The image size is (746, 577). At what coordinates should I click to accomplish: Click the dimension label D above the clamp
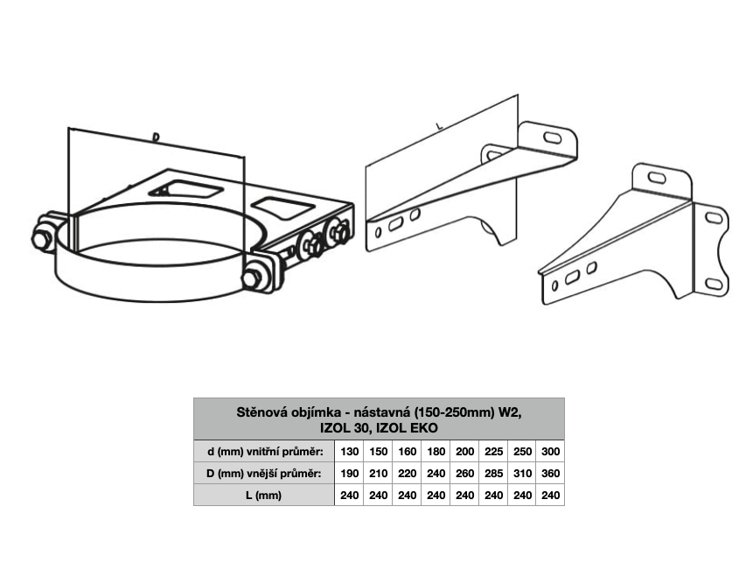pos(156,137)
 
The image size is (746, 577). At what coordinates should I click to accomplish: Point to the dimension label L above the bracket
pos(440,126)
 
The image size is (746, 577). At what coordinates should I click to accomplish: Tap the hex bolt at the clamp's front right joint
pos(251,278)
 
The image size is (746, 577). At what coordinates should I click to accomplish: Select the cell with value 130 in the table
pos(349,451)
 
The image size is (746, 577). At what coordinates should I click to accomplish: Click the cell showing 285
pos(493,473)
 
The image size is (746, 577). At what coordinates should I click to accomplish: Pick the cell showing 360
pos(550,473)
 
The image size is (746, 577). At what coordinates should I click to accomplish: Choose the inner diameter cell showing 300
pos(550,451)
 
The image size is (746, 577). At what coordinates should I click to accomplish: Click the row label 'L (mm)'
pos(263,495)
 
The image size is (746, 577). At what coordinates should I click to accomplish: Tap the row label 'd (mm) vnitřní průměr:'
pos(265,451)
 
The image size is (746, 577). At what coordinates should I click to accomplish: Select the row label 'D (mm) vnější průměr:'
pos(263,473)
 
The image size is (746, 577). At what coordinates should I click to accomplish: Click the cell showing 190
pos(349,473)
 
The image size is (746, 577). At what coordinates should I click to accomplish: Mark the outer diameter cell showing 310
pos(522,473)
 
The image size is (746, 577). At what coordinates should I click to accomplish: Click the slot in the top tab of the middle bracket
pos(553,137)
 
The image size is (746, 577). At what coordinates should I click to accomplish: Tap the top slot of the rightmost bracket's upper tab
pos(657,178)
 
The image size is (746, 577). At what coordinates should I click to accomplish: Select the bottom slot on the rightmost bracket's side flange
pos(714,284)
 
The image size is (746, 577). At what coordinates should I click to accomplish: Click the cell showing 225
pos(493,451)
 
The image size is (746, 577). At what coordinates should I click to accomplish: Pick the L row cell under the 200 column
pos(464,495)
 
